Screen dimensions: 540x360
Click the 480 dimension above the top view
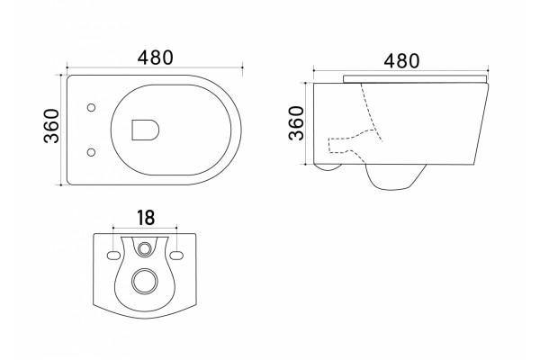(x=155, y=58)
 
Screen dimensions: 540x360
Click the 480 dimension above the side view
(x=401, y=61)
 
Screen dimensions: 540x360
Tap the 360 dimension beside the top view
(x=51, y=126)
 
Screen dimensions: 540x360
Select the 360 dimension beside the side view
(x=296, y=123)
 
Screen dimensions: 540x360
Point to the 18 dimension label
(x=146, y=218)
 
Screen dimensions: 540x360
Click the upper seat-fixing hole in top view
(x=91, y=107)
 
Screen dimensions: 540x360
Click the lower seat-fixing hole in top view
(x=91, y=152)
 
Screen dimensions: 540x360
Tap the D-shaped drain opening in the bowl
(x=145, y=130)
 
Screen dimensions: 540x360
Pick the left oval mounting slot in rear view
(x=113, y=256)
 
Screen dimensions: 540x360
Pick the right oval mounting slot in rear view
(x=176, y=256)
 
